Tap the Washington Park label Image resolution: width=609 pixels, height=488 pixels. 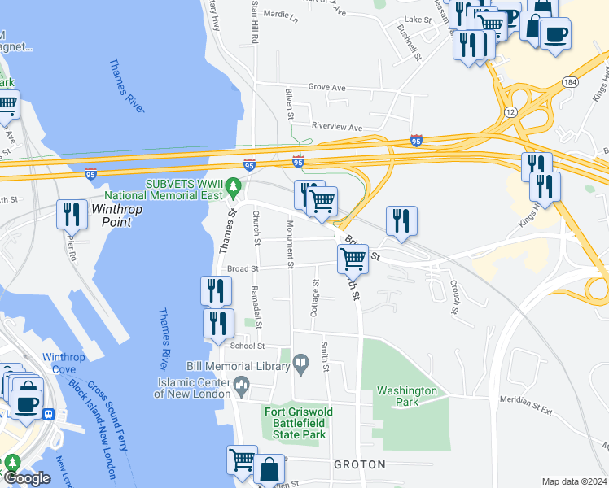pyautogui.click(x=408, y=396)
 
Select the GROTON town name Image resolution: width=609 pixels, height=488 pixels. pyautogui.click(x=359, y=464)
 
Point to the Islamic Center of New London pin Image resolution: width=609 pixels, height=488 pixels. pyautogui.click(x=241, y=382)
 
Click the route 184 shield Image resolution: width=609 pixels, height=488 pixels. pyautogui.click(x=569, y=83)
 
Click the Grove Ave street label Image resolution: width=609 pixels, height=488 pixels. pyautogui.click(x=326, y=88)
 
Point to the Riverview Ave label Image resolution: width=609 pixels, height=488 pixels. pyautogui.click(x=337, y=127)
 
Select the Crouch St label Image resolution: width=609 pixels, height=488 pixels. pyautogui.click(x=453, y=297)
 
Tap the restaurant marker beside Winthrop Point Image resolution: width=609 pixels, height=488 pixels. pyautogui.click(x=72, y=214)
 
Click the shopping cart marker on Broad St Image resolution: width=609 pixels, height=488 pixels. pyautogui.click(x=353, y=259)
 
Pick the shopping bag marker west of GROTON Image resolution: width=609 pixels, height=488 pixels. pyautogui.click(x=269, y=469)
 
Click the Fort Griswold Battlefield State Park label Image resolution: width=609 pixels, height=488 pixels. pyautogui.click(x=295, y=423)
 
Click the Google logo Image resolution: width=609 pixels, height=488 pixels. pyautogui.click(x=26, y=479)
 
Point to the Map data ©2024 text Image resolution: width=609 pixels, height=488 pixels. pyautogui.click(x=574, y=481)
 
